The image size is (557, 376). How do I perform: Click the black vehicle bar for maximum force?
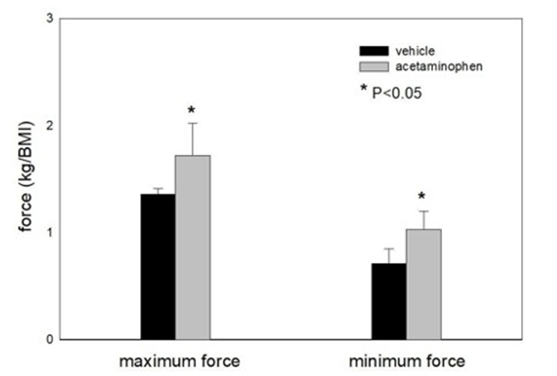pyautogui.click(x=157, y=266)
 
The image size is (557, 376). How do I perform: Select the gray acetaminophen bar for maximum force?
pyautogui.click(x=192, y=247)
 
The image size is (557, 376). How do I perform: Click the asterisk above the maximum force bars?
pyautogui.click(x=192, y=110)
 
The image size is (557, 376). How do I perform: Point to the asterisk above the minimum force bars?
pyautogui.click(x=421, y=197)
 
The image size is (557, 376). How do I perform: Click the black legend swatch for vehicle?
pyautogui.click(x=374, y=51)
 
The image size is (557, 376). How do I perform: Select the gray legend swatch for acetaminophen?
pyautogui.click(x=374, y=67)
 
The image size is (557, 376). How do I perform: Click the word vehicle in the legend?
pyautogui.click(x=416, y=51)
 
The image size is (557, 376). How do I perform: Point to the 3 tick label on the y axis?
pyautogui.click(x=49, y=18)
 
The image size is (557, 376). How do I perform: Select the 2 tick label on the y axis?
pyautogui.click(x=49, y=126)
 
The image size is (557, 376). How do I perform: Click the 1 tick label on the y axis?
pyautogui.click(x=49, y=233)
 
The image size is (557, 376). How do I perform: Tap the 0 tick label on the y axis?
pyautogui.click(x=49, y=340)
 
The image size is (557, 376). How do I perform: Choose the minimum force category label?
pyautogui.click(x=406, y=361)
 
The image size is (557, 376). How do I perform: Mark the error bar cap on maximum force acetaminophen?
pyautogui.click(x=192, y=123)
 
